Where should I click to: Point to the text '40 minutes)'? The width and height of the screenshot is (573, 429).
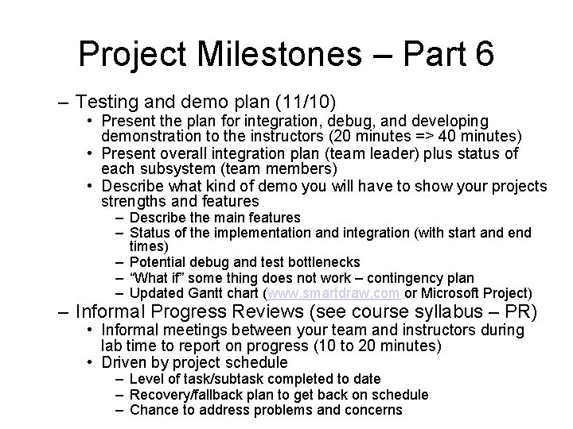coord(487,136)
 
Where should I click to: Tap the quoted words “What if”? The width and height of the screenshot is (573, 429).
coord(154,277)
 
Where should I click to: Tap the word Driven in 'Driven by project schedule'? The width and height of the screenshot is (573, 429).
coord(122,363)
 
